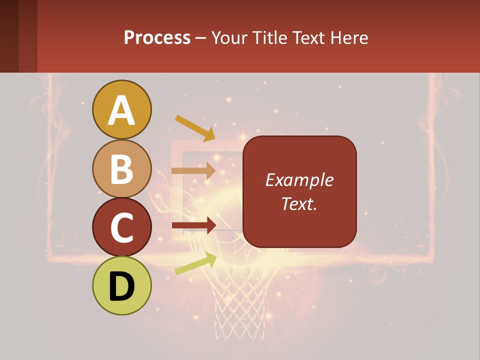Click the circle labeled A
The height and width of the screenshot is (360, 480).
(122, 109)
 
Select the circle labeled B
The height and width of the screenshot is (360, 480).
(122, 168)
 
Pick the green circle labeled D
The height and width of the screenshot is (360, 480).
(122, 285)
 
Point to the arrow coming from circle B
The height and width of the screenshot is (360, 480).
(193, 171)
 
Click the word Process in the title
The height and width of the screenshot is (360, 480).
(157, 37)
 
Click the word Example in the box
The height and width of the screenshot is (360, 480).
(299, 180)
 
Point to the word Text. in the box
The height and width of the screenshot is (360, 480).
(299, 203)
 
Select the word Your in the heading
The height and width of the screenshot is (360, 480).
(229, 37)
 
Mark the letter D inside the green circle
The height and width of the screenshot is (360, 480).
(122, 286)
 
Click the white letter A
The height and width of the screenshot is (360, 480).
(122, 110)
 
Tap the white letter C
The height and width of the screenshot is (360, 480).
(122, 227)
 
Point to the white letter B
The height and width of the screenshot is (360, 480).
(122, 169)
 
